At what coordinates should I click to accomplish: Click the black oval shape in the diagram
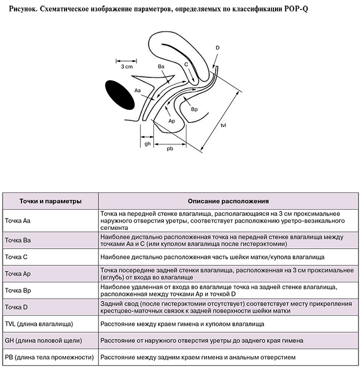coord(119,95)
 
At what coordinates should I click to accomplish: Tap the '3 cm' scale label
coord(126,66)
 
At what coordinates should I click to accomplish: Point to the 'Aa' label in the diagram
coord(137,90)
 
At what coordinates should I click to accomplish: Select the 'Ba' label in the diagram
coord(161,66)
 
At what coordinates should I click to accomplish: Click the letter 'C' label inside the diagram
coord(186,64)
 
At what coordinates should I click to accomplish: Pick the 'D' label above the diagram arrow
coord(217,47)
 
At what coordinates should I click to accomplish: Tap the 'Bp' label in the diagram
coord(194,109)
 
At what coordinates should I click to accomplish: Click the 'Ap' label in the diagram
coord(171,121)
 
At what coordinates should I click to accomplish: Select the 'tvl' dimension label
coord(223,125)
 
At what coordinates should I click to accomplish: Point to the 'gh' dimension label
coord(147,143)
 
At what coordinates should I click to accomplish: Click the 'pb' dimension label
coord(170,148)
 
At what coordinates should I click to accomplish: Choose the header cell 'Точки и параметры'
coord(50,201)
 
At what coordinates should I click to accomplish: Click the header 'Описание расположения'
coord(228,201)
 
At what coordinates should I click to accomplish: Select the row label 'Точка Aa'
coord(17,220)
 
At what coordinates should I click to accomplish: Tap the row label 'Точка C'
coord(16,257)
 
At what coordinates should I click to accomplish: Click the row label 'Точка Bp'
coord(18,290)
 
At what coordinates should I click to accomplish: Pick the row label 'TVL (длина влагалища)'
coord(39,324)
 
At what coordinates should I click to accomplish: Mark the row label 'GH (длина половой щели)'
coord(43,341)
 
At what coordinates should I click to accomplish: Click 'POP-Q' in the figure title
coord(296,9)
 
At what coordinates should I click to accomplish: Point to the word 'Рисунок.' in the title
coord(23,9)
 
